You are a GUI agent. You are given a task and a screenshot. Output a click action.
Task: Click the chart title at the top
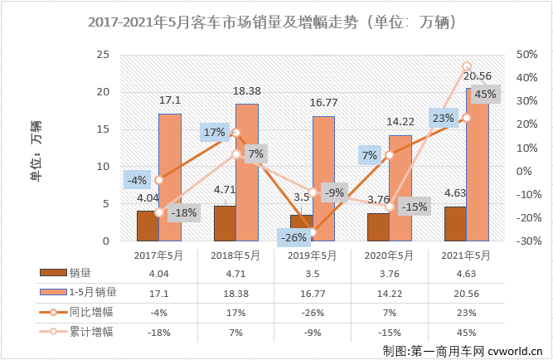point(276,24)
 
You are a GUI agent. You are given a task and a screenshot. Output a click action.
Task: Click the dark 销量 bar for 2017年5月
point(147,226)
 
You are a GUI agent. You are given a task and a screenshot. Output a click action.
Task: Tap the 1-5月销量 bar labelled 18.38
point(247,173)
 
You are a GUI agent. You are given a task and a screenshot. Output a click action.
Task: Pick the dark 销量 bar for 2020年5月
point(377,226)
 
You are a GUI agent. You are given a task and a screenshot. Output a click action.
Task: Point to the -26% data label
point(294,236)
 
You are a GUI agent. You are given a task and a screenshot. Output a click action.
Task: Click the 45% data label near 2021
point(486,95)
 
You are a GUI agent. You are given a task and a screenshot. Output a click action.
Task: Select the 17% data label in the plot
point(215,132)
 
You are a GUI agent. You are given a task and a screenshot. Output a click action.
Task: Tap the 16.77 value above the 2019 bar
point(323,103)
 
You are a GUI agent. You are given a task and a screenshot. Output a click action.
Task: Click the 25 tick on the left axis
point(104,55)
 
